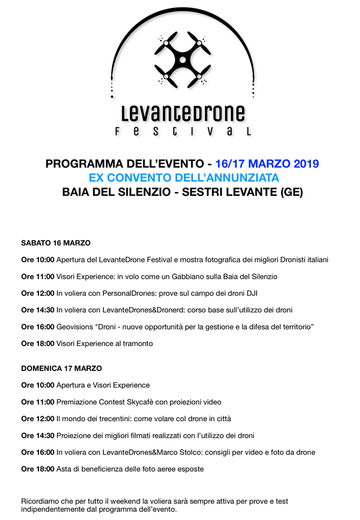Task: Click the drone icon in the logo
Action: pyautogui.click(x=182, y=58)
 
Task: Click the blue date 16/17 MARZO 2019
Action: pyautogui.click(x=267, y=164)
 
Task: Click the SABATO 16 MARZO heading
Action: pyautogui.click(x=56, y=243)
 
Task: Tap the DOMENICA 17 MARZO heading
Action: pyautogui.click(x=61, y=368)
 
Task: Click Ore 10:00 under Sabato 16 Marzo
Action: pyautogui.click(x=37, y=260)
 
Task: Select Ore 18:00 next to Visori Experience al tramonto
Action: pyautogui.click(x=37, y=343)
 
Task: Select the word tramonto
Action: pyautogui.click(x=136, y=343)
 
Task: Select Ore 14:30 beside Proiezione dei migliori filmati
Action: pyautogui.click(x=37, y=435)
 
